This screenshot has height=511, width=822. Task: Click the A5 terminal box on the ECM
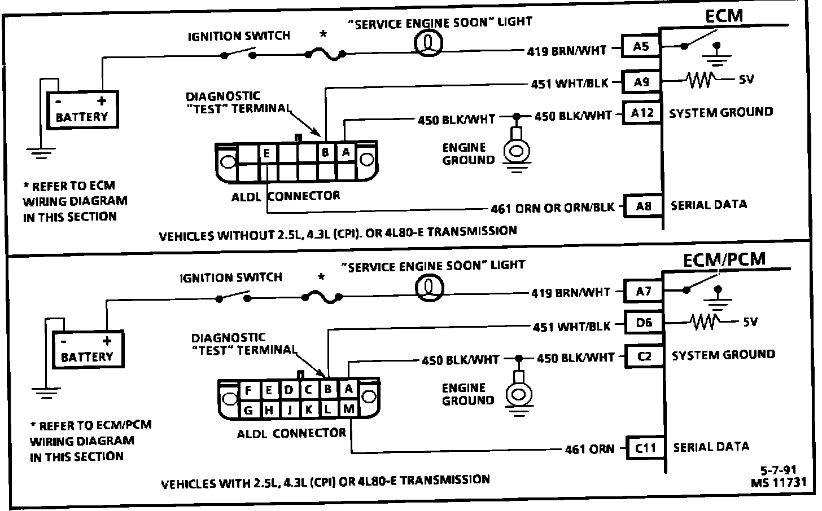click(x=641, y=46)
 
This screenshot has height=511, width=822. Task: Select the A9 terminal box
click(x=641, y=82)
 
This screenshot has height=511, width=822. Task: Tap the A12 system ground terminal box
click(x=642, y=113)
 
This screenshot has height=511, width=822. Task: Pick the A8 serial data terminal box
click(x=643, y=206)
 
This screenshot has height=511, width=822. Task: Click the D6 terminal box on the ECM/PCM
click(x=644, y=323)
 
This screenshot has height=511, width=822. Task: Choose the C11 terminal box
click(x=645, y=448)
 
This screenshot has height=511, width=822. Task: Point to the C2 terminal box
click(x=644, y=356)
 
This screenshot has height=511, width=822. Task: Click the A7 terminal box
click(x=643, y=292)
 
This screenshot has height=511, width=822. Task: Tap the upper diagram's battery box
click(x=82, y=110)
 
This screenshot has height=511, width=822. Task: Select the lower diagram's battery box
click(x=88, y=350)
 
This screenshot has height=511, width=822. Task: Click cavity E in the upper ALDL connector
click(x=266, y=153)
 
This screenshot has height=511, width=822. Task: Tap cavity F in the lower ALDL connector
click(x=248, y=390)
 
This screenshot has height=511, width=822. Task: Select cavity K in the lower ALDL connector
click(x=309, y=409)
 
